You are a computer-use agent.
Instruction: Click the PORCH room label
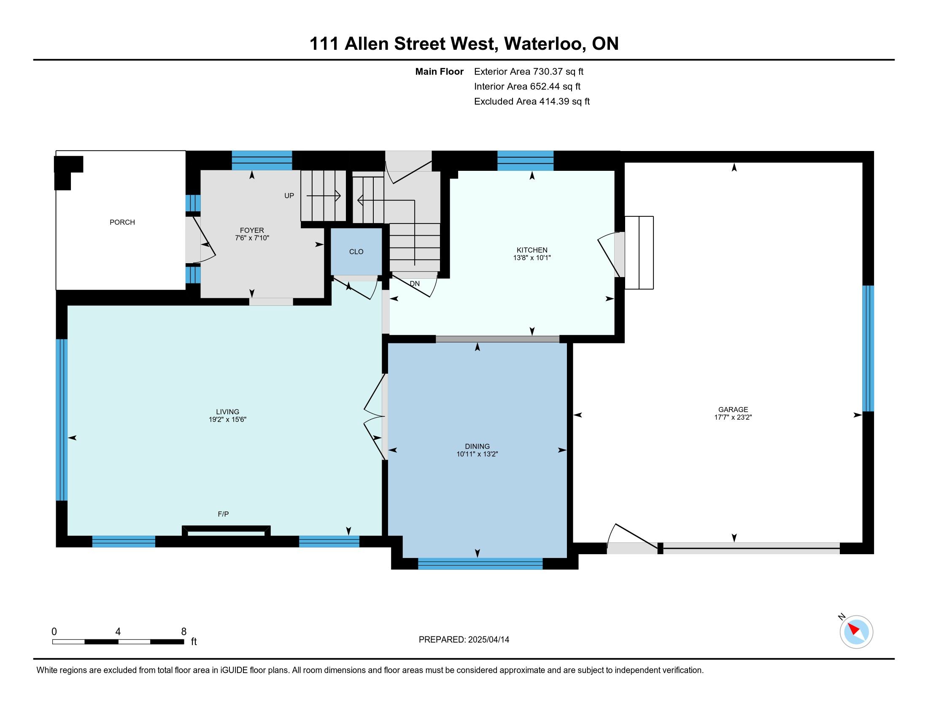[x=122, y=222]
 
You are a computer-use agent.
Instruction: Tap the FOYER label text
[x=252, y=231]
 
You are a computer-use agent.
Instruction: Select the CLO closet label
[x=356, y=251]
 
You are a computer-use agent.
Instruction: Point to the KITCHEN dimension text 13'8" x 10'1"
[x=532, y=257]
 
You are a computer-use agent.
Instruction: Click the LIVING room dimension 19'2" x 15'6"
[x=227, y=419]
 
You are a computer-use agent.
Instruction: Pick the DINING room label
[x=477, y=446]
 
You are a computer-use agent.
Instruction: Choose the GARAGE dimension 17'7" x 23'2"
[x=733, y=417]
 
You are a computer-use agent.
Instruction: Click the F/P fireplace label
[x=223, y=514]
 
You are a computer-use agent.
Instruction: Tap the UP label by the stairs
[x=289, y=196]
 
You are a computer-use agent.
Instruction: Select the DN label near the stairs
[x=415, y=283]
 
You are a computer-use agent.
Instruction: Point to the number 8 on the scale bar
[x=184, y=632]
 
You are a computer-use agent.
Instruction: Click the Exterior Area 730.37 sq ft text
[x=529, y=71]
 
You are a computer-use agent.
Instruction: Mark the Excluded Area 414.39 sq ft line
[x=532, y=101]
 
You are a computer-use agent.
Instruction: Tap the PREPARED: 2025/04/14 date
[x=464, y=639]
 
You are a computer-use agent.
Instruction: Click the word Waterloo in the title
[x=543, y=44]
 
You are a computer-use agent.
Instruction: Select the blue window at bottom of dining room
[x=480, y=563]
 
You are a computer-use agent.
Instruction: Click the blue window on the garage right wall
[x=868, y=348]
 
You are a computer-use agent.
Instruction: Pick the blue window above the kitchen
[x=525, y=161]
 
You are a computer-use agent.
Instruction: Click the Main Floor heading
[x=440, y=71]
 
